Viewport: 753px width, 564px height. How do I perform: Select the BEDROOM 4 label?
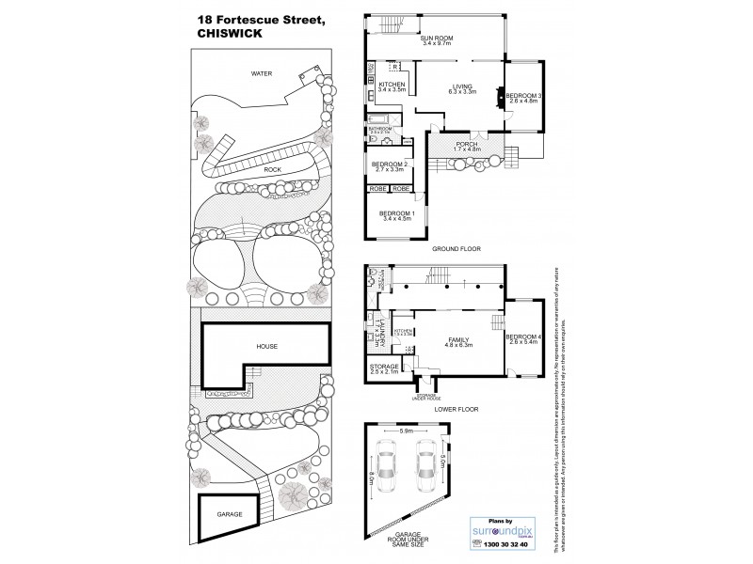coord(523,338)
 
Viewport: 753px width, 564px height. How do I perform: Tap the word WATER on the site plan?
coord(261,72)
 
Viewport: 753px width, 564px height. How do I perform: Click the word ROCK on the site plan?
coord(273,170)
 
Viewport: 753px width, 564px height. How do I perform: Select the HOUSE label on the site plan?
coord(267,347)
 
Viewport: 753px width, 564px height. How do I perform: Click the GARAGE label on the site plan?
coord(231,515)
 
